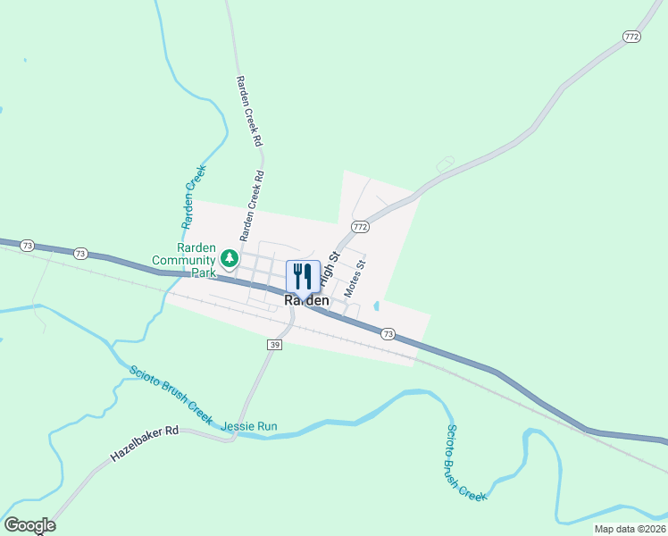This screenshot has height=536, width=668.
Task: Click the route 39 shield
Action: tap(274, 345)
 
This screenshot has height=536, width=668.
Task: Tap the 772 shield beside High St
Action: tap(360, 227)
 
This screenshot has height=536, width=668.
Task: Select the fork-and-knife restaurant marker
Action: tap(303, 276)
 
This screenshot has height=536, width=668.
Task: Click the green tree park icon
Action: tap(229, 259)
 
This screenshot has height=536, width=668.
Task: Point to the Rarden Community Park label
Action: tap(185, 260)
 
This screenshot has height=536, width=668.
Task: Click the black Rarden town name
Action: tap(306, 302)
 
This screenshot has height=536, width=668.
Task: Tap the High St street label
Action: tap(331, 266)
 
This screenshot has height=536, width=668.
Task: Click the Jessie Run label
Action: tap(249, 426)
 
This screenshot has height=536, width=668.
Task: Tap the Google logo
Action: tap(29, 525)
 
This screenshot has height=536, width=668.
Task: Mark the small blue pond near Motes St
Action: tap(378, 306)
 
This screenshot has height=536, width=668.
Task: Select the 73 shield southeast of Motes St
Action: tap(388, 333)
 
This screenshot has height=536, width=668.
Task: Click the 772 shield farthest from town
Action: tap(632, 37)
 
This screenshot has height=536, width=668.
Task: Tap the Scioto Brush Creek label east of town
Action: tap(464, 462)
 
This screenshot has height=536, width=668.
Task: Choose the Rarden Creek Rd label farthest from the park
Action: tap(249, 111)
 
